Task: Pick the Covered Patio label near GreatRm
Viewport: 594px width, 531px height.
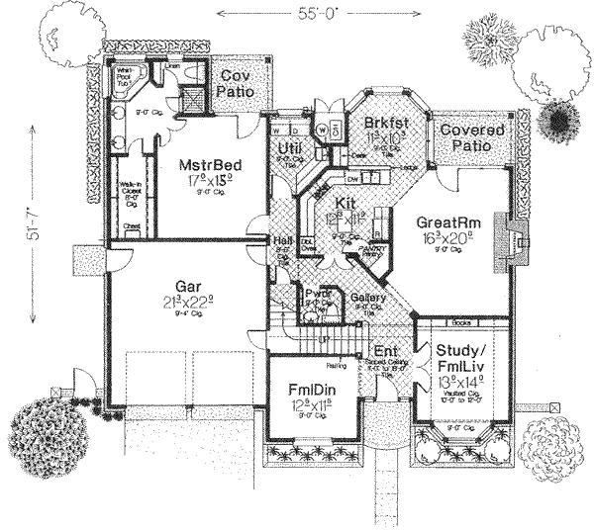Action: [x=471, y=137]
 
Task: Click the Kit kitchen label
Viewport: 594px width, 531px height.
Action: [x=345, y=204]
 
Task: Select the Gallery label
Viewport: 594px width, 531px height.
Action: [x=369, y=298]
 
